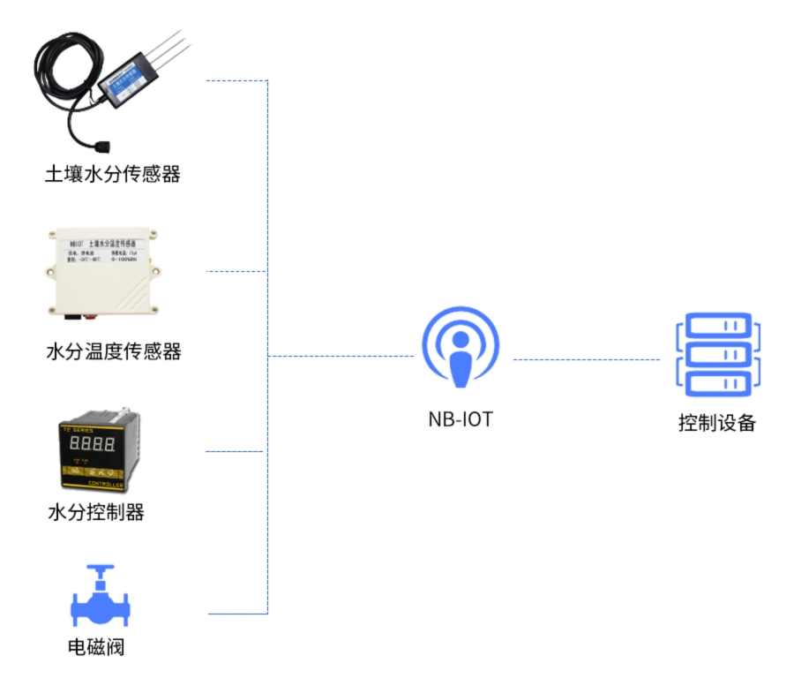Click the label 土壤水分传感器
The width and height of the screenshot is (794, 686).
[x=112, y=174]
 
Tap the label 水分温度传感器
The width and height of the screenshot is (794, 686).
[x=113, y=352]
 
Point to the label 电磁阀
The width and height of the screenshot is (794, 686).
[x=96, y=647]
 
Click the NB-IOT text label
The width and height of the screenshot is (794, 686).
[x=461, y=419]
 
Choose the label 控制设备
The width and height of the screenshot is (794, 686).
[x=716, y=422]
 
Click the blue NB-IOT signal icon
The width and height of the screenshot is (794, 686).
[x=460, y=348]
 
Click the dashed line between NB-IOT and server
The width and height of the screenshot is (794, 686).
[x=587, y=359]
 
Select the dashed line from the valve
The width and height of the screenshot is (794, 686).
[x=236, y=613]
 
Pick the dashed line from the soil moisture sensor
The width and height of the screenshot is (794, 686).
[x=236, y=81]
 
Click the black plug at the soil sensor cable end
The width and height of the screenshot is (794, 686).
[x=102, y=146]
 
